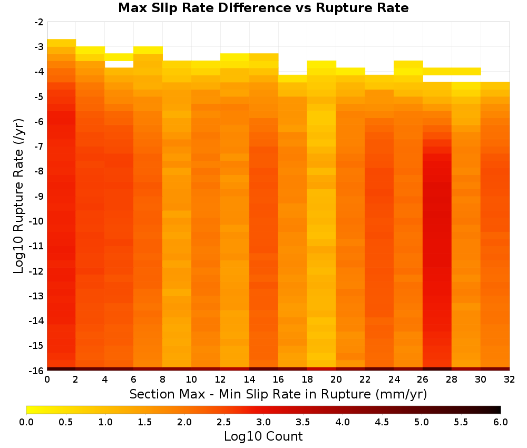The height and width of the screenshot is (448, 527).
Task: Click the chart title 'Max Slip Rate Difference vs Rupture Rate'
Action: (x=263, y=8)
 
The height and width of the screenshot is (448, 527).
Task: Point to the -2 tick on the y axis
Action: (x=38, y=22)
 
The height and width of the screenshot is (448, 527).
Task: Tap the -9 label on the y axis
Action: (x=38, y=196)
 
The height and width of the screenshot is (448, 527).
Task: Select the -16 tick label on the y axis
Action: (x=36, y=371)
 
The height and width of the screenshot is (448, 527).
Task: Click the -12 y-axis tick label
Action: (x=36, y=271)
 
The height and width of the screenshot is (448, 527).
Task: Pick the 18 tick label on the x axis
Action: (x=307, y=379)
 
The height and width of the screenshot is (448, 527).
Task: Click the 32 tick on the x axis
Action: (x=510, y=379)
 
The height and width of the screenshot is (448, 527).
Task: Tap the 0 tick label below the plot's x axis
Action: (x=47, y=379)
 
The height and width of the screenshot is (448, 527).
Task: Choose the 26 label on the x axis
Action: (x=423, y=379)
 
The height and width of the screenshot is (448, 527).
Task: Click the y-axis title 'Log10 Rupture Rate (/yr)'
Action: (x=19, y=196)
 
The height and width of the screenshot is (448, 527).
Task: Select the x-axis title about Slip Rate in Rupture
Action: (x=278, y=394)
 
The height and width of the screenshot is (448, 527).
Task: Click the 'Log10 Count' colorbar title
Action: (x=263, y=436)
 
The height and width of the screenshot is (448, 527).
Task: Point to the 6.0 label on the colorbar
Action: (x=501, y=422)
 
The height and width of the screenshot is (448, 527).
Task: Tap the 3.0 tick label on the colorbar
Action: (x=263, y=422)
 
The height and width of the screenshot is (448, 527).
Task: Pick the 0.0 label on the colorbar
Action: (x=26, y=422)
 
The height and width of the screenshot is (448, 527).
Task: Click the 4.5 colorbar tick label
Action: (x=382, y=422)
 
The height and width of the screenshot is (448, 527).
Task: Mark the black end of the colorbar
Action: (x=499, y=410)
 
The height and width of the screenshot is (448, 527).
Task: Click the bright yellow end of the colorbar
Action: (x=30, y=410)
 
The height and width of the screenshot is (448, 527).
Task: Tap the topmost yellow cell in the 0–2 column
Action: (x=62, y=43)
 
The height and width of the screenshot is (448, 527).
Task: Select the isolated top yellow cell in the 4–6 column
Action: (x=119, y=57)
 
